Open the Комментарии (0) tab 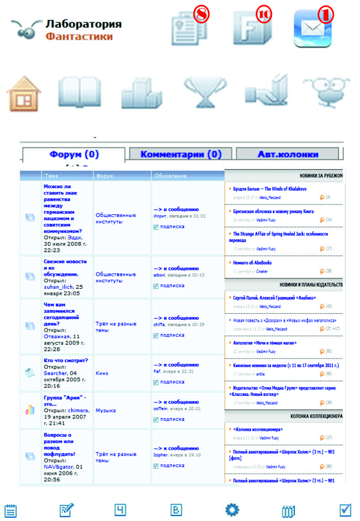[181, 154]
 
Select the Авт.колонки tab [288, 154]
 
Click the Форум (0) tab [74, 154]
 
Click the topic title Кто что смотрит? [66, 360]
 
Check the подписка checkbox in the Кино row [156, 381]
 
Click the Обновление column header [171, 176]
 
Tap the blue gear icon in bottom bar [232, 510]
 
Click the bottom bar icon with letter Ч [120, 510]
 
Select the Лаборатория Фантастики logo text [83, 30]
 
